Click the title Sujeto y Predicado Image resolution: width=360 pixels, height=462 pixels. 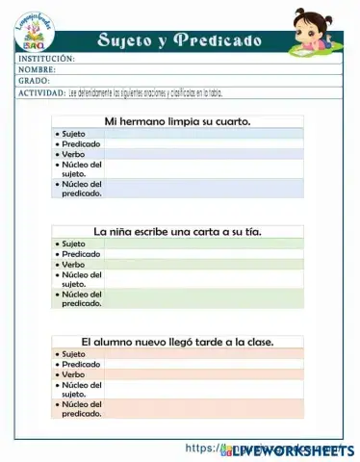pyautogui.click(x=179, y=40)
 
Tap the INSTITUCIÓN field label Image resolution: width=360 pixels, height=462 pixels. pyautogui.click(x=46, y=59)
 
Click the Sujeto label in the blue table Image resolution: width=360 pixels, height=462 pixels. pyautogui.click(x=73, y=133)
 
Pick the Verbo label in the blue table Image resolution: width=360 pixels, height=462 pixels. pyautogui.click(x=73, y=154)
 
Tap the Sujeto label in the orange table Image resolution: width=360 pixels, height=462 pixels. pyautogui.click(x=73, y=354)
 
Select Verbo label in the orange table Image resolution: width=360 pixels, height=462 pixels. pyautogui.click(x=73, y=374)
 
